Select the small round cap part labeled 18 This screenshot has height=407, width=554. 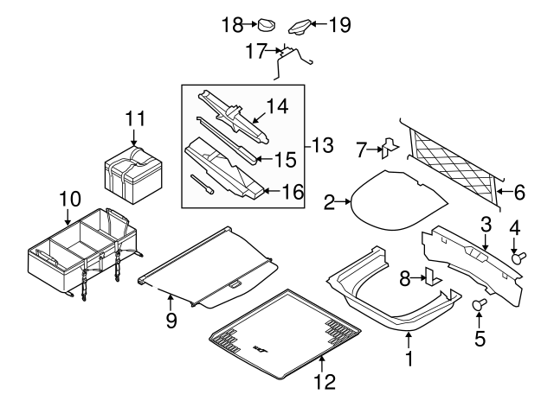point(266,25)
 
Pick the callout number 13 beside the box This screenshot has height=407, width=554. point(322,145)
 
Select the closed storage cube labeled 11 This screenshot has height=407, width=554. point(132,169)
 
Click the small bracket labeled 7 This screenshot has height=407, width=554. point(390,149)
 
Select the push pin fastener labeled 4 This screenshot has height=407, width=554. point(521,256)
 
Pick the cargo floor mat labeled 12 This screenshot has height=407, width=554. point(286,333)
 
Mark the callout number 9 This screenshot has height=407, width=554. point(171,321)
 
